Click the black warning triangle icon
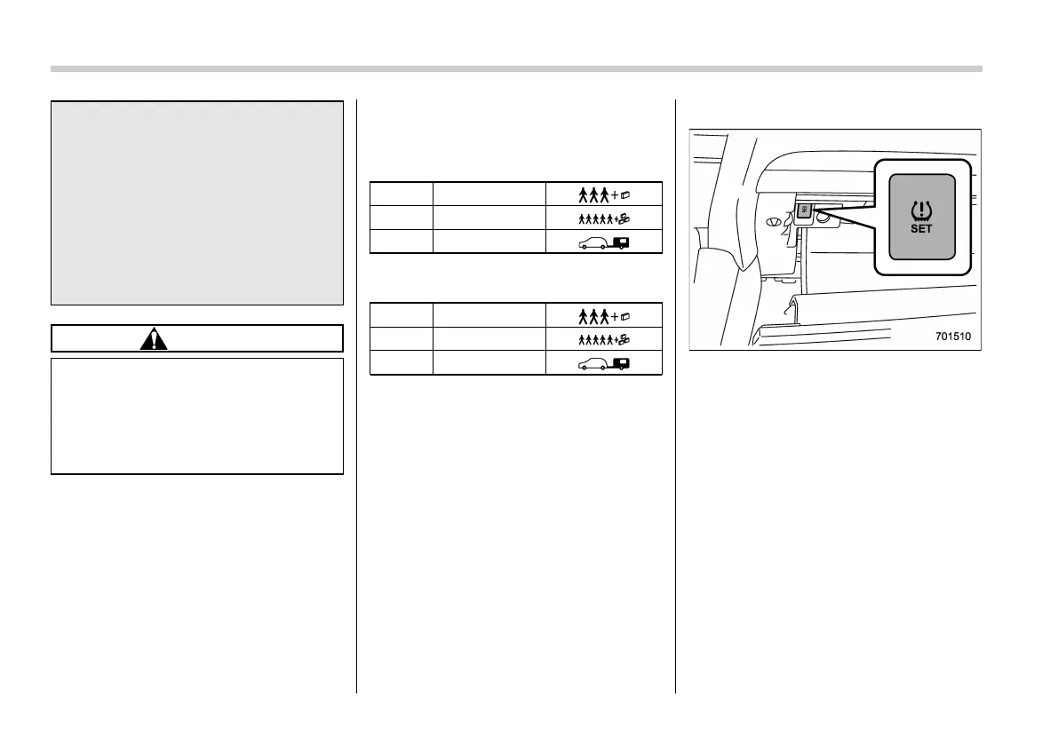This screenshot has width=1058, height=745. point(154,338)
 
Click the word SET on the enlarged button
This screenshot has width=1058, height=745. point(921,229)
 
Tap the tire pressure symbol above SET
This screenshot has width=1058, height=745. point(921,210)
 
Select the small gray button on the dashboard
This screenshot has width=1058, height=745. point(804,210)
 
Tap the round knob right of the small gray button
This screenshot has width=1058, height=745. point(823,216)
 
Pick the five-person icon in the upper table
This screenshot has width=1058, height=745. point(603,218)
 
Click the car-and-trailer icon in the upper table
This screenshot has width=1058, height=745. point(603,242)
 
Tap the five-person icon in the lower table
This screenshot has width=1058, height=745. point(603,339)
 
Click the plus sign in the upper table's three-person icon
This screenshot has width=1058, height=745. point(616,194)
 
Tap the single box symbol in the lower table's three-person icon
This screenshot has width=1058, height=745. point(626,315)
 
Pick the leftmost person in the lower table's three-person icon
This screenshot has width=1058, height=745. point(583,315)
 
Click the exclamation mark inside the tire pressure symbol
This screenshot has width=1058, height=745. point(921,210)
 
